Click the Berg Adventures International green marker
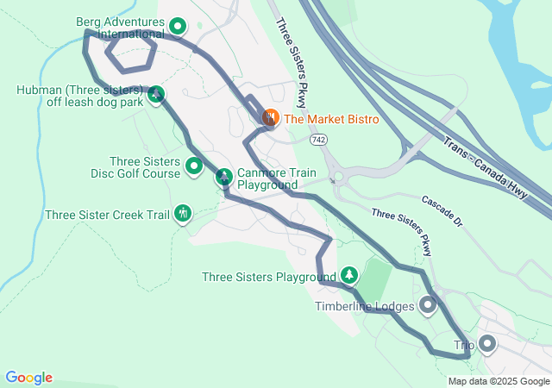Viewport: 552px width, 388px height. [178, 27]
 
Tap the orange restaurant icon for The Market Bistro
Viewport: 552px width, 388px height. [270, 116]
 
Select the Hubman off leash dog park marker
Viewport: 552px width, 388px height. [156, 94]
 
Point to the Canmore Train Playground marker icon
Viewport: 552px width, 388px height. [223, 178]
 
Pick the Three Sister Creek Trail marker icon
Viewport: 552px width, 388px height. [182, 213]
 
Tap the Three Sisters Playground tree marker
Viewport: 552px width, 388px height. [349, 275]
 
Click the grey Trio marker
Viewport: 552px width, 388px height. [486, 345]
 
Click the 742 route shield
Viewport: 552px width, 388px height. [319, 139]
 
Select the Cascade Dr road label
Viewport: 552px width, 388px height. [442, 212]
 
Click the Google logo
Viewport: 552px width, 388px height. [28, 378]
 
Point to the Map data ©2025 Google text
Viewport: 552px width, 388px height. [498, 381]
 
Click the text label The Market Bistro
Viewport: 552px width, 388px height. [331, 119]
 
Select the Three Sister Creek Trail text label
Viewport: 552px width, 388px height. [108, 215]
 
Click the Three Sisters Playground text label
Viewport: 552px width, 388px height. [268, 278]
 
